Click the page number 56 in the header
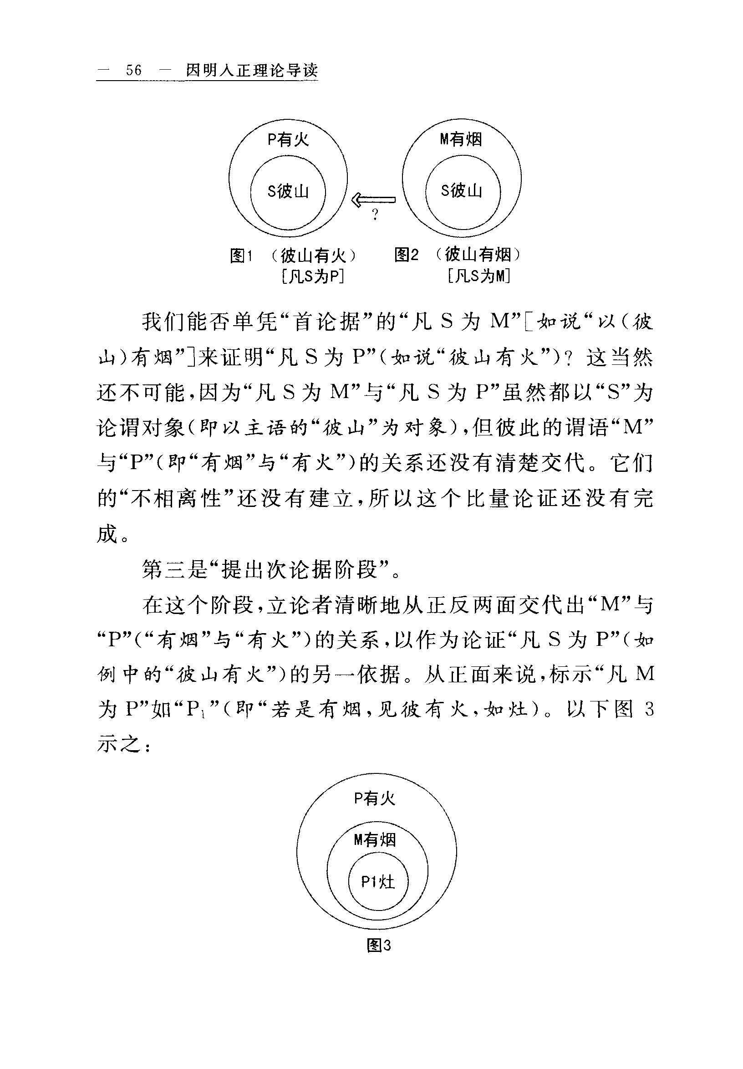click(133, 70)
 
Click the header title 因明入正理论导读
click(252, 70)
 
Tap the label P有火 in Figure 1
click(288, 139)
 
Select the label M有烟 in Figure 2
click(461, 139)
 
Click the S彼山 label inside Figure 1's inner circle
click(288, 191)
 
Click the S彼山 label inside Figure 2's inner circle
click(461, 190)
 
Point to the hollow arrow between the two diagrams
click(373, 200)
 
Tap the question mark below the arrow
click(375, 215)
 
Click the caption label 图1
click(241, 255)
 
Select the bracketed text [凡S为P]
click(313, 276)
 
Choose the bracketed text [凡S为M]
click(479, 276)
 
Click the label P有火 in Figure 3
click(375, 798)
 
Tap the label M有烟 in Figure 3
click(375, 839)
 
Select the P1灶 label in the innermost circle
click(378, 881)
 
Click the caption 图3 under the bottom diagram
click(379, 945)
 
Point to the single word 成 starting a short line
click(107, 533)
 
